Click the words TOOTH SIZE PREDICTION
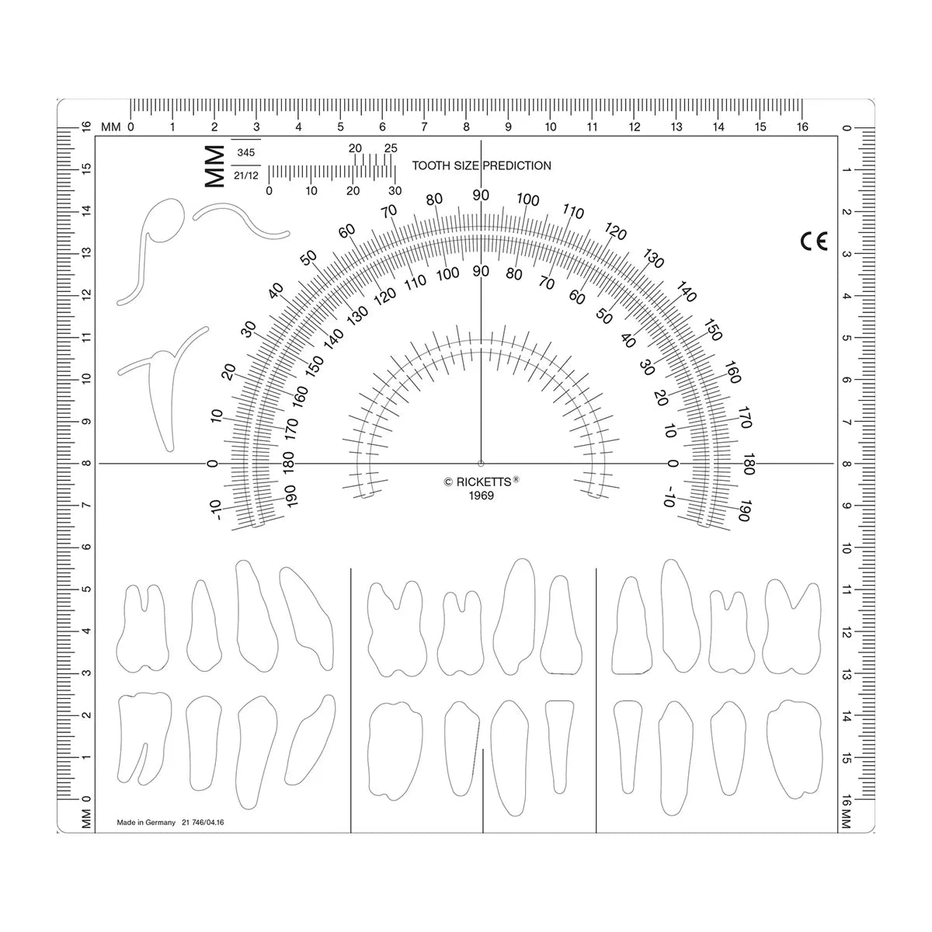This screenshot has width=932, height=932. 482,165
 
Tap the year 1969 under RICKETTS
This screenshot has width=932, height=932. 481,496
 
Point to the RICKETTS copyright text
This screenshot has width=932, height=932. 482,482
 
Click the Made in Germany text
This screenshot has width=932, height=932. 146,822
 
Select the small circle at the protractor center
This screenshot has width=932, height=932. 481,464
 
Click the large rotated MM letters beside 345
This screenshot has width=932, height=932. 215,166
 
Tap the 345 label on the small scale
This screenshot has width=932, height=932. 245,153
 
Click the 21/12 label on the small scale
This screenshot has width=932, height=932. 245,176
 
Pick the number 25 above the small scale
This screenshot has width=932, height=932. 391,148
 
